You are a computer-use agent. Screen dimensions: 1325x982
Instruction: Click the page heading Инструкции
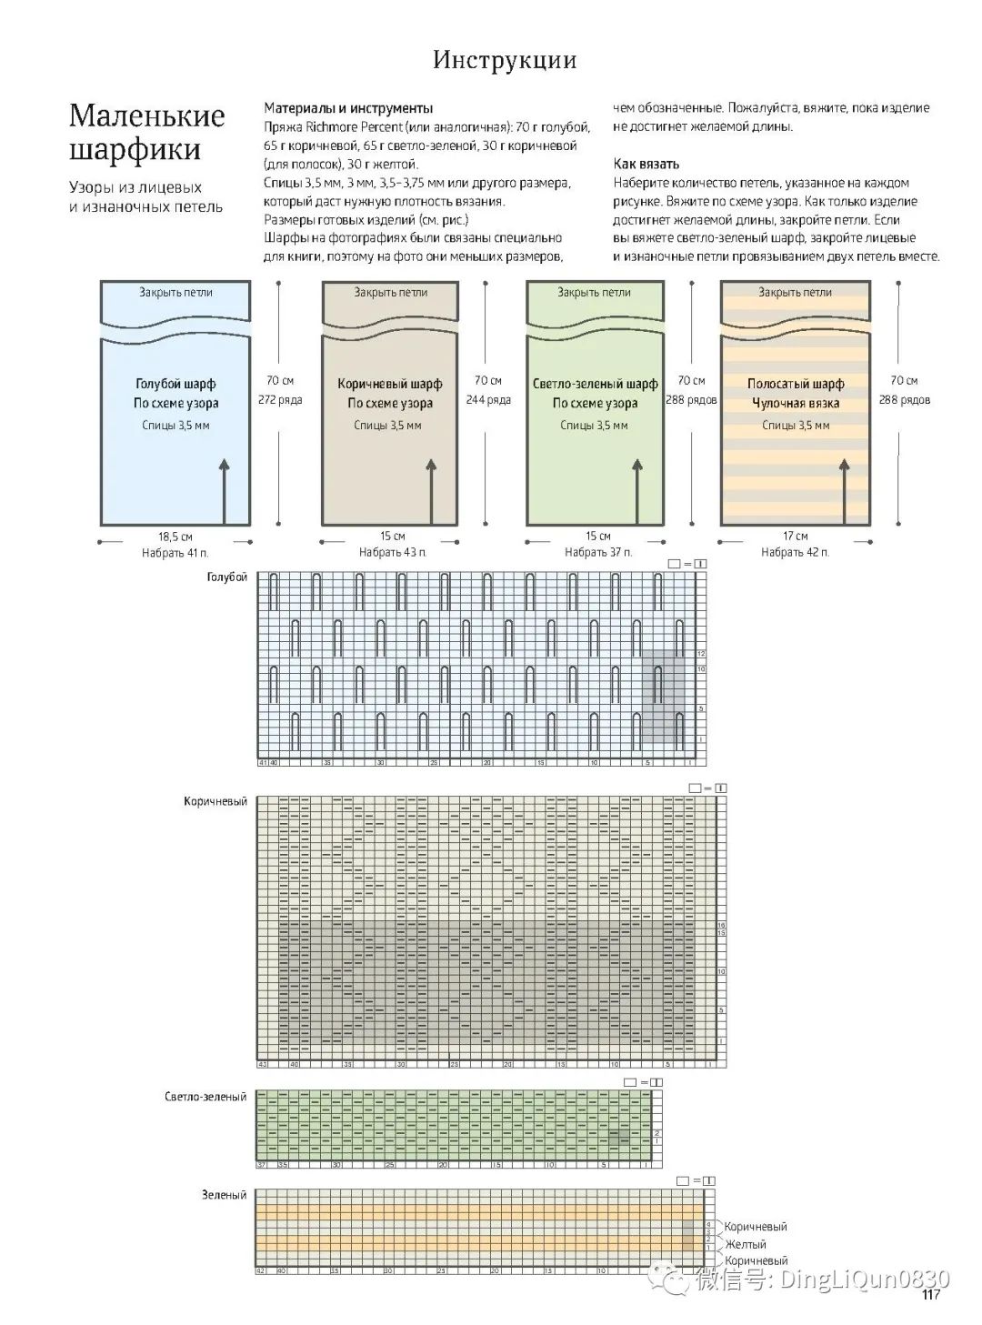504,60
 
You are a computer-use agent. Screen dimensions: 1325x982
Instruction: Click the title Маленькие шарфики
146,132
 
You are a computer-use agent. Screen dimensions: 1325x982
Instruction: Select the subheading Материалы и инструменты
348,107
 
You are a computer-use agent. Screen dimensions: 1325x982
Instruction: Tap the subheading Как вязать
646,164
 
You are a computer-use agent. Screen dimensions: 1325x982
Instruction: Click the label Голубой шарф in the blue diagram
175,384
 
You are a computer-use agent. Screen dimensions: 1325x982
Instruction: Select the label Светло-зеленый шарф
595,384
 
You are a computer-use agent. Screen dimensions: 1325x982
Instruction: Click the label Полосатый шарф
796,384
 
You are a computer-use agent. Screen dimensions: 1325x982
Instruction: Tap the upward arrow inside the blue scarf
224,491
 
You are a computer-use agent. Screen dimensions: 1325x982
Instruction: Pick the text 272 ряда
280,400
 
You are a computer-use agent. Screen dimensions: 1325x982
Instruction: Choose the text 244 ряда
488,400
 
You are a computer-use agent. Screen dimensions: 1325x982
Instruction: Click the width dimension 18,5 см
175,537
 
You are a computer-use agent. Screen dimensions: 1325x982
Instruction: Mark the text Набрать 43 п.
392,552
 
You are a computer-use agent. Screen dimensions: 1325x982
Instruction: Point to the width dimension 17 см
795,537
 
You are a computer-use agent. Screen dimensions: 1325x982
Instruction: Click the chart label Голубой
227,577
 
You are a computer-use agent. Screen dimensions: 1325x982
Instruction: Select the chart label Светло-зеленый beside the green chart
205,1097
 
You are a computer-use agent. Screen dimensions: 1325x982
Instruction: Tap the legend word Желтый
745,1244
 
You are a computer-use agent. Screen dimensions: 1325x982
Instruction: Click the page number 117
930,1295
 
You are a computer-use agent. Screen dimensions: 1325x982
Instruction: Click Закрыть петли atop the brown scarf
390,293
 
